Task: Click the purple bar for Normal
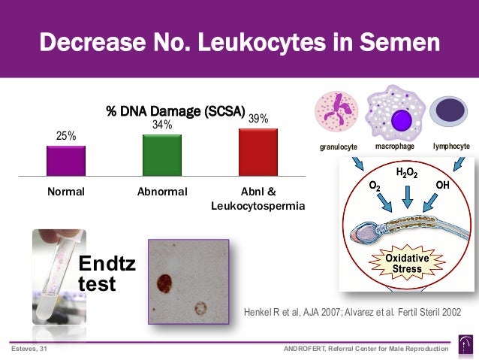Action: (x=66, y=160)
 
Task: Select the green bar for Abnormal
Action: (x=161, y=155)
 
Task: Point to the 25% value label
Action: (x=66, y=136)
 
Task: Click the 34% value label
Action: (x=162, y=125)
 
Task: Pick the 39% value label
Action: (x=258, y=119)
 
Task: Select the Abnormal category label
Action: (x=161, y=192)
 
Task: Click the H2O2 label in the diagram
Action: (x=407, y=173)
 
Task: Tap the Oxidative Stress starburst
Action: (x=408, y=263)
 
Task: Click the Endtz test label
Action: (x=107, y=274)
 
